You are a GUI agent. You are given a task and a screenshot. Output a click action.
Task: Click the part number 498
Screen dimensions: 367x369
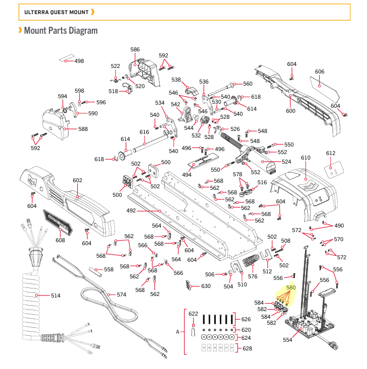click(x=79, y=61)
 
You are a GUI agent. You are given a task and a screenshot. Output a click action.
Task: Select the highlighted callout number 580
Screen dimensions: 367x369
click(x=291, y=287)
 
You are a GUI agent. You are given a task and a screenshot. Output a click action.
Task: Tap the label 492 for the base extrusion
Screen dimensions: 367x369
click(x=131, y=210)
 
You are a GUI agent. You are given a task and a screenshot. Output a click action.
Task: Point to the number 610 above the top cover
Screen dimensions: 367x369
click(x=305, y=158)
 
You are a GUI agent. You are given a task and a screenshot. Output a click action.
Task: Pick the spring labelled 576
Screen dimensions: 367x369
click(x=251, y=260)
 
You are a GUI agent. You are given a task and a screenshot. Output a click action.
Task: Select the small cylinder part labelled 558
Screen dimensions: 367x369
click(x=95, y=272)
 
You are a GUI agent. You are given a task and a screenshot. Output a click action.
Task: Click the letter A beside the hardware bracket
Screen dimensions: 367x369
click(x=178, y=332)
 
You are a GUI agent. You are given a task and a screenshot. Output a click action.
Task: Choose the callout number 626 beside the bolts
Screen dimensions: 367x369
click(x=246, y=319)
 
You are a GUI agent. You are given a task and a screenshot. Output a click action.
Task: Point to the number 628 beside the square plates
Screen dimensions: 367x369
click(x=247, y=348)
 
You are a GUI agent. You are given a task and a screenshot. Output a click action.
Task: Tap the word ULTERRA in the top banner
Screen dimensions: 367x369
click(x=36, y=12)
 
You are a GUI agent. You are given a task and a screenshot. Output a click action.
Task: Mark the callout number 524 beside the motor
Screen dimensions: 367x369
click(x=286, y=162)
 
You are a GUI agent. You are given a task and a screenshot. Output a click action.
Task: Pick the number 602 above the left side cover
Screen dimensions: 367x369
click(x=77, y=180)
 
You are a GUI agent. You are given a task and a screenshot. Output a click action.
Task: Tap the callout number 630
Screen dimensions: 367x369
click(x=206, y=286)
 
